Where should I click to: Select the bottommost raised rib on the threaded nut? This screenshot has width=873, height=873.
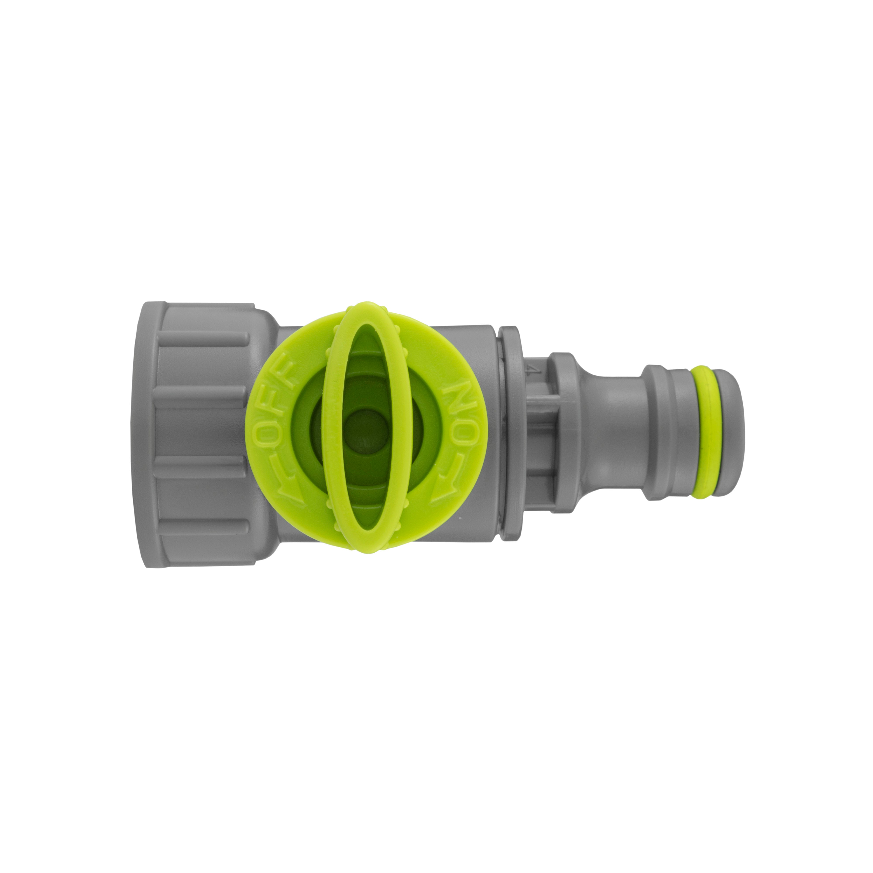203,525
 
